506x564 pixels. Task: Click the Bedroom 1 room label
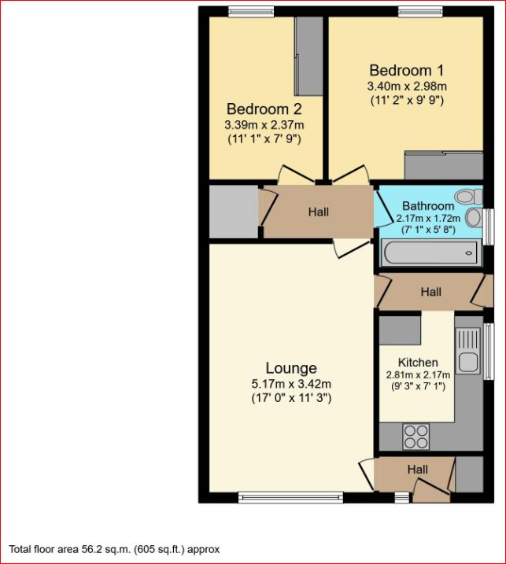[x=401, y=69]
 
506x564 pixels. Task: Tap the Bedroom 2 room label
[x=264, y=109]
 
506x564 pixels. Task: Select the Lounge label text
[x=291, y=368]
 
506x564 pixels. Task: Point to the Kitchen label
[x=418, y=362]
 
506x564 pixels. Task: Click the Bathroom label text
[x=428, y=206]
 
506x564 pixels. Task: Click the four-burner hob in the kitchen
[x=416, y=434]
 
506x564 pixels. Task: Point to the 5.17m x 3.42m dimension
[x=291, y=384]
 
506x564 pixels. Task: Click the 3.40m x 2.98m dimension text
[x=407, y=86]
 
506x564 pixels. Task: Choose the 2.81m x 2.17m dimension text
[x=418, y=374]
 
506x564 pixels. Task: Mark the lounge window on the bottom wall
[x=290, y=497]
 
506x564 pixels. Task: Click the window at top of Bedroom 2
[x=251, y=11]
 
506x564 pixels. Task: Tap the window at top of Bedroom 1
[x=419, y=11]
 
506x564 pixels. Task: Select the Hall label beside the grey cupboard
[x=319, y=212]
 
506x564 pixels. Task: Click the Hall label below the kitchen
[x=418, y=470]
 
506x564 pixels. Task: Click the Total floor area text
[x=114, y=549]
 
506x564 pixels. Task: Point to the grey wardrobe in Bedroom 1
[x=442, y=166]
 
